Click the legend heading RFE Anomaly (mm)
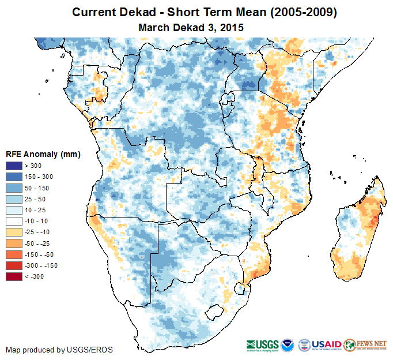(43, 155)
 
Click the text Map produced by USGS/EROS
(59, 350)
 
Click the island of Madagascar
(356, 237)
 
